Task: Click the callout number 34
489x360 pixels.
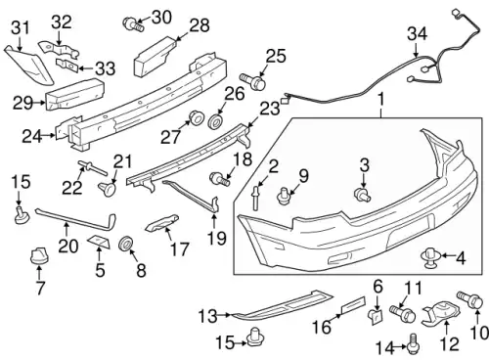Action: coord(417,34)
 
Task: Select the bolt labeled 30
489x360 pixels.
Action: coord(133,24)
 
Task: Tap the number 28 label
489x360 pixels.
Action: coord(200,25)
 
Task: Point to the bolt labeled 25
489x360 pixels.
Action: coord(252,81)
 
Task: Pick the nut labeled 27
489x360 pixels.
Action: coord(197,117)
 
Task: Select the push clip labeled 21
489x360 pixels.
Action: coord(107,189)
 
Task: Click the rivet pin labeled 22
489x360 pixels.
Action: coord(92,167)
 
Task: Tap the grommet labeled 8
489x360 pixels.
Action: coord(126,243)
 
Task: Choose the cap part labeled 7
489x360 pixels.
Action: coord(38,255)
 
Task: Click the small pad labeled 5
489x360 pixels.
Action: coord(99,242)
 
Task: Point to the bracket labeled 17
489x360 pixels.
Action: coord(162,223)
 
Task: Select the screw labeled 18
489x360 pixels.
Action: coord(220,179)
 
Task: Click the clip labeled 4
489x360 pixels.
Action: coord(430,257)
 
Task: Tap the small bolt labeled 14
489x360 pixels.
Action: coord(413,343)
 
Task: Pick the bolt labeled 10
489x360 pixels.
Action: coord(469,298)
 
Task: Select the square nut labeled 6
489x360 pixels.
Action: coord(376,317)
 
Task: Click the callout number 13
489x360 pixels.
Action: coord(207,316)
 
